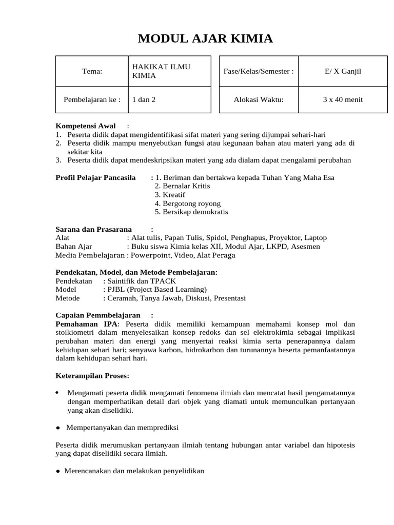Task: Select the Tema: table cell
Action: coord(92,71)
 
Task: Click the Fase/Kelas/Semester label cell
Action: coord(259,71)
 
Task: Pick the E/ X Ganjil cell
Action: coord(343,71)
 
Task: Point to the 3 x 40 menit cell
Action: coord(343,99)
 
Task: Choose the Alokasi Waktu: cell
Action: coord(259,99)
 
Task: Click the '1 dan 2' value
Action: coord(144,99)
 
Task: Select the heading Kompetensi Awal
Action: coord(85,126)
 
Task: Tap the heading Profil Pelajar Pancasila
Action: coord(95,177)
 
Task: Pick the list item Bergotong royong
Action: coord(184,204)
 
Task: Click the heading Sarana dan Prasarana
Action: coord(93,229)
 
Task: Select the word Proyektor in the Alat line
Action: coord(277,238)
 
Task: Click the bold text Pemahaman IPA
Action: coord(87,324)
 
